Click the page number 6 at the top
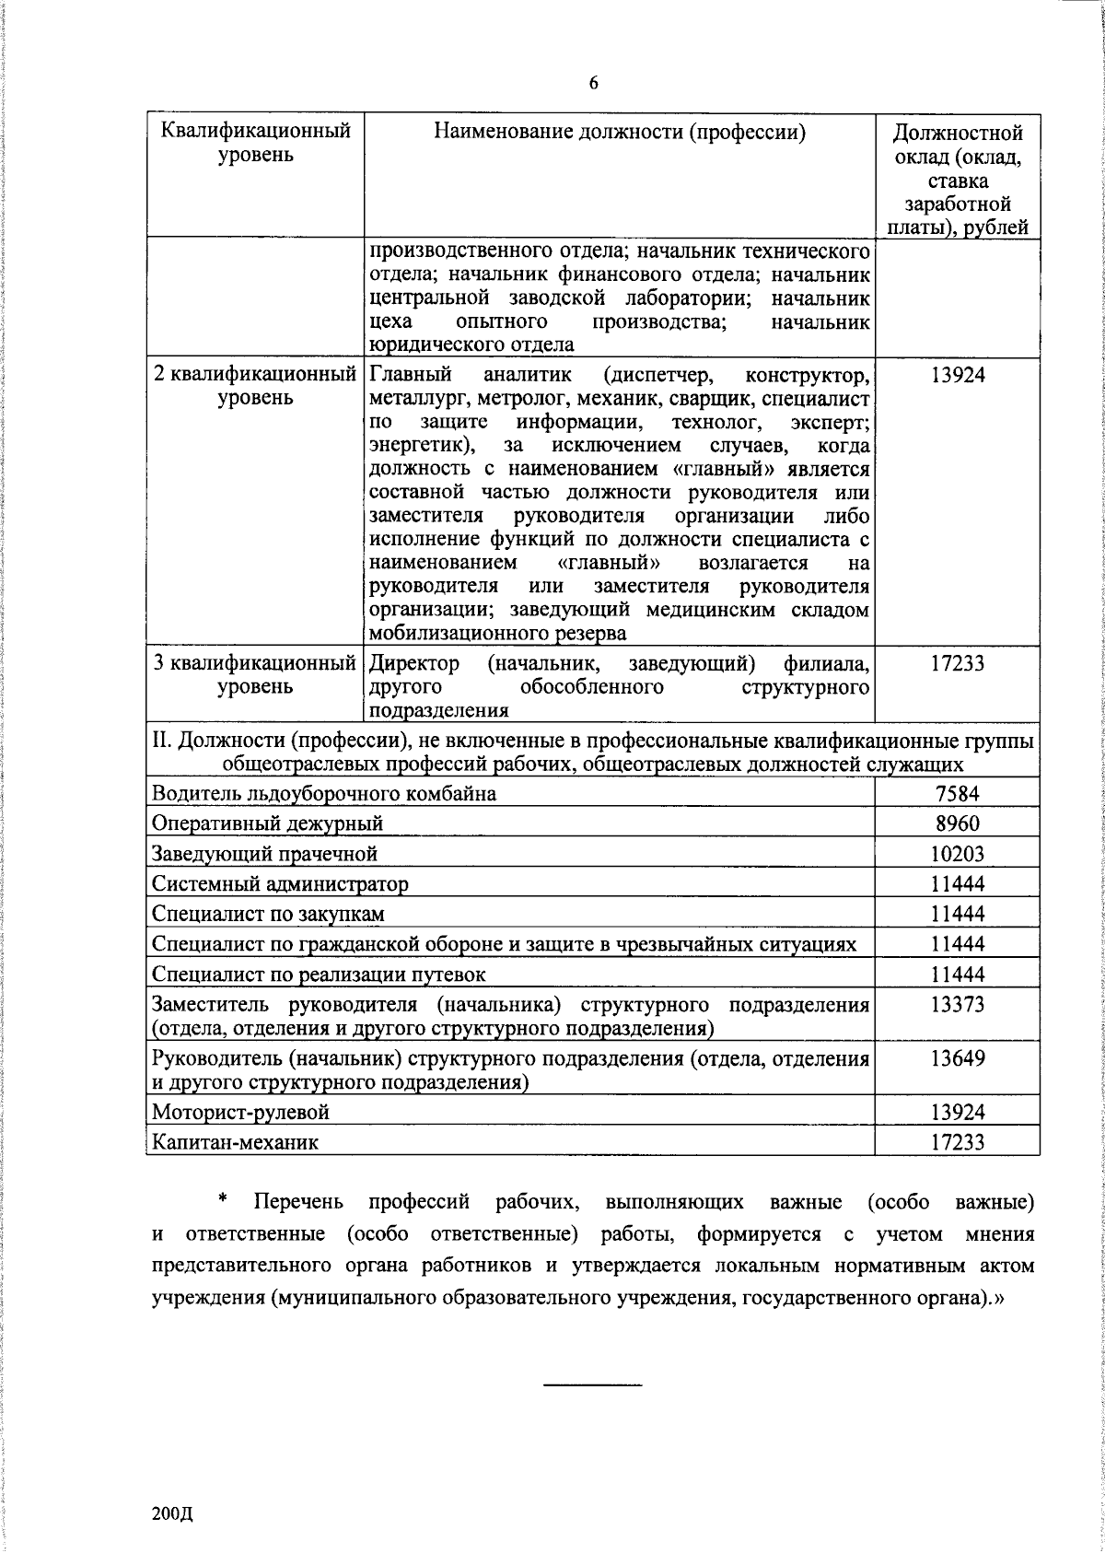coord(593,84)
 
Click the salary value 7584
coord(957,793)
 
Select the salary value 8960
coord(957,823)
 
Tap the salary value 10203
coord(957,854)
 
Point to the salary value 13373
coord(957,1005)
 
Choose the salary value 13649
coord(957,1058)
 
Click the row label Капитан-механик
coord(236,1142)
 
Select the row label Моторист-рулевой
coord(240,1112)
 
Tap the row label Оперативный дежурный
coord(267,823)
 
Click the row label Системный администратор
coord(280,884)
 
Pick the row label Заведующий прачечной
coord(265,854)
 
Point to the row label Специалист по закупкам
coord(268,914)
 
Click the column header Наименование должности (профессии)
coord(620,133)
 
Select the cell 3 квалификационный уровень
coord(255,674)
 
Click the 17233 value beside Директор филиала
coord(957,663)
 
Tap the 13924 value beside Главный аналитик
coord(957,375)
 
